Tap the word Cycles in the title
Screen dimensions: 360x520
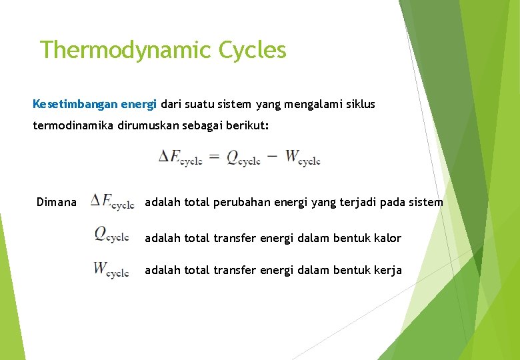[x=256, y=50]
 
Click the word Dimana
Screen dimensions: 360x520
[x=56, y=201]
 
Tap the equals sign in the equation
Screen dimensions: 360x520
[x=214, y=157]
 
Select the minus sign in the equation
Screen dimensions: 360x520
[x=271, y=157]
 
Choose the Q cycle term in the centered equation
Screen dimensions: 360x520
[x=243, y=157]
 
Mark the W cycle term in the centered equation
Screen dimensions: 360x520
[x=302, y=157]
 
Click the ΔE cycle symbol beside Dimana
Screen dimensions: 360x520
[x=113, y=201]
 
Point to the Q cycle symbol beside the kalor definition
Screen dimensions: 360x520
[x=111, y=235]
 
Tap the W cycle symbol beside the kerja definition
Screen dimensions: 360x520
[x=111, y=269]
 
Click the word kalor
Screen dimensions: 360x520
[x=387, y=238]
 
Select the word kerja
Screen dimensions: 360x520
[x=387, y=270]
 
